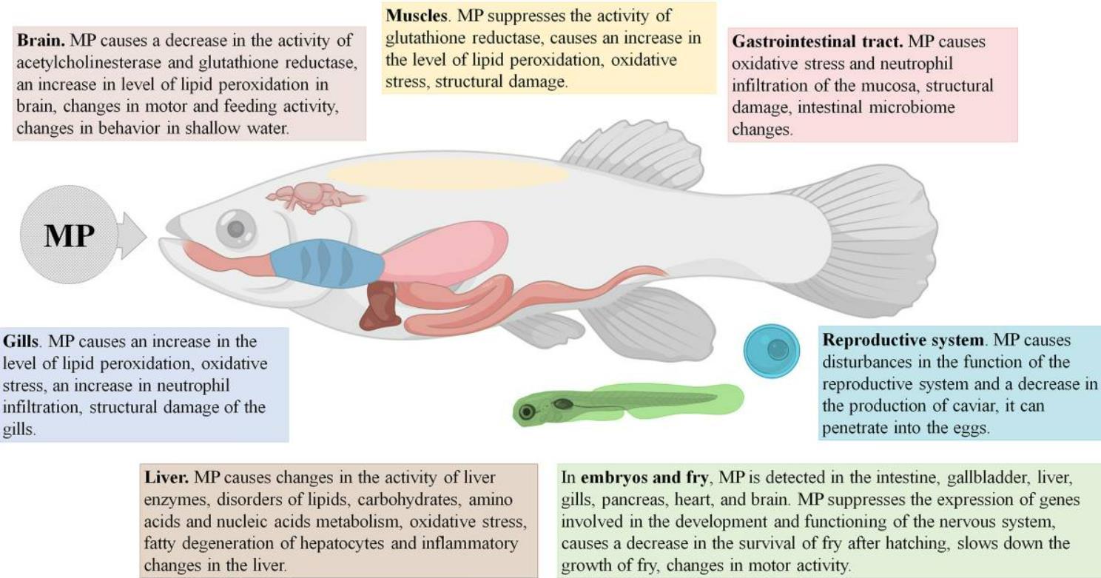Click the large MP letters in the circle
[x=70, y=235]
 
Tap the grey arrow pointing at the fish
[x=131, y=235]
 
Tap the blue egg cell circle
[x=772, y=349]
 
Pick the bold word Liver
[x=167, y=477]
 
